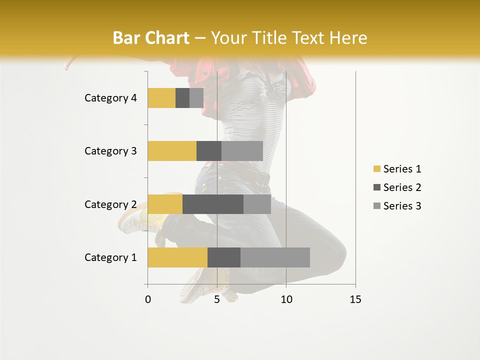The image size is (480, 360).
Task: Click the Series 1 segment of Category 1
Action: (x=177, y=257)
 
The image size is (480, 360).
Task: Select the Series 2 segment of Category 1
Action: (x=224, y=257)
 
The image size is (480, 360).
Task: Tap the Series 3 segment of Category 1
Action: (x=275, y=257)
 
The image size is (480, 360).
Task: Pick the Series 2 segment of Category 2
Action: (x=213, y=204)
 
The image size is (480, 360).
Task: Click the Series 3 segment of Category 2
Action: (x=257, y=204)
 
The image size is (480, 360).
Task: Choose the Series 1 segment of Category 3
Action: (x=172, y=151)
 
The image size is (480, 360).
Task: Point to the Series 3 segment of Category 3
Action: (x=242, y=151)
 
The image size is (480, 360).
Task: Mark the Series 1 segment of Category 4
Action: (x=161, y=98)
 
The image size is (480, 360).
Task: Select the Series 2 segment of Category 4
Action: (x=182, y=98)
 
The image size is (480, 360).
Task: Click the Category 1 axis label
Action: (x=110, y=257)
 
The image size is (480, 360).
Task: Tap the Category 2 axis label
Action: (x=110, y=204)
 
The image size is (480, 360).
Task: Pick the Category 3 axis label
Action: (x=110, y=151)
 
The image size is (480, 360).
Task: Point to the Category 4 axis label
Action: (x=110, y=98)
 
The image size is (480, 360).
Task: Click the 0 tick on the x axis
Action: (x=148, y=300)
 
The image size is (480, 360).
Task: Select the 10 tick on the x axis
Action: (x=286, y=300)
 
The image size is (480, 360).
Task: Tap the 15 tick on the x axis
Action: (x=355, y=300)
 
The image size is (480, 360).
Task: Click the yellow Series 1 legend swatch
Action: (x=376, y=169)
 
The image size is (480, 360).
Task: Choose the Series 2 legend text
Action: (x=402, y=187)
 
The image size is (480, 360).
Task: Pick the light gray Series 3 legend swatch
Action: (x=376, y=206)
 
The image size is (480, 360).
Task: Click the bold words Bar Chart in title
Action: (x=151, y=38)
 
